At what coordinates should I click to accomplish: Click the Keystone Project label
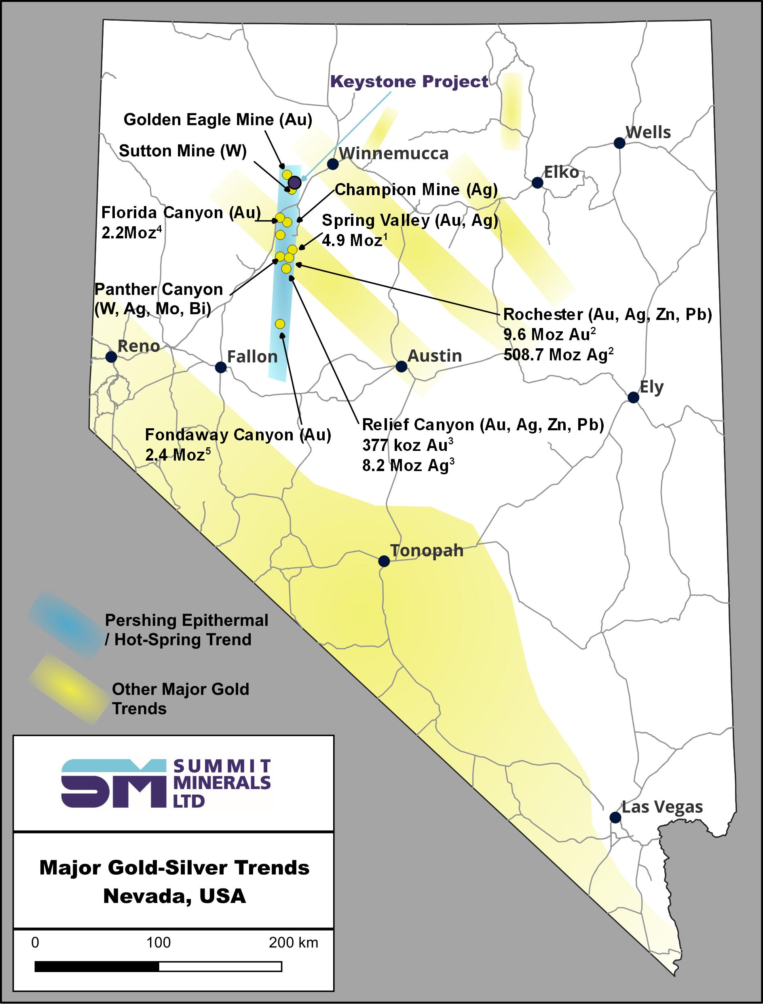pos(409,82)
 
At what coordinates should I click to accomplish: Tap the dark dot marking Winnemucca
pos(332,164)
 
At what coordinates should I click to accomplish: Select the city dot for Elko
pos(537,183)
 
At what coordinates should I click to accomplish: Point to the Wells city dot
pos(619,143)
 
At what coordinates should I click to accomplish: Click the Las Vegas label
pos(662,807)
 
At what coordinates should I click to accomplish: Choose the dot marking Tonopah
pos(384,562)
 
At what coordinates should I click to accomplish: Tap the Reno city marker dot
pos(111,357)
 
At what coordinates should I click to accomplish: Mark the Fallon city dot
pos(221,367)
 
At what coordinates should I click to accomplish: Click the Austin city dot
pos(401,366)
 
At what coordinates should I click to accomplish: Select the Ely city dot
pos(633,398)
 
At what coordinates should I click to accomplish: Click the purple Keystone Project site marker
pos(295,182)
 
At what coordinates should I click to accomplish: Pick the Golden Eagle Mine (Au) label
pos(218,120)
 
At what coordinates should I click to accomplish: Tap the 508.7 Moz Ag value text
pos(558,354)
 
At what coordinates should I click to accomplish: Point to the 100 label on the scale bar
pos(158,943)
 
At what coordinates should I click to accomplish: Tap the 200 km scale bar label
pos(293,943)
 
